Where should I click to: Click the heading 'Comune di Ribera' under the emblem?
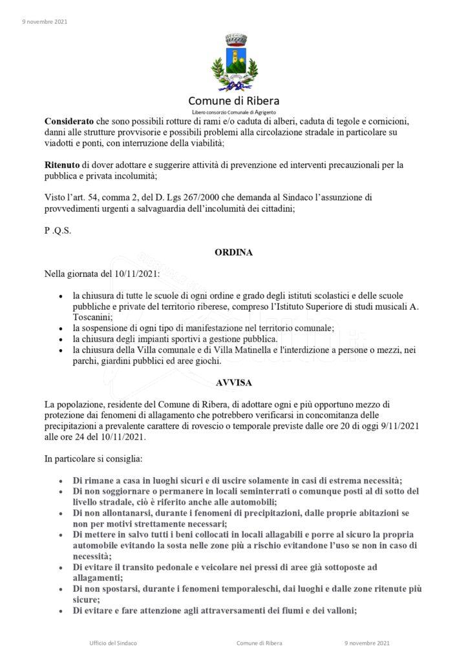[234, 101]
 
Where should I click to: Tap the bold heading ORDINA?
[233, 253]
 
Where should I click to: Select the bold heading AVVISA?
[233, 381]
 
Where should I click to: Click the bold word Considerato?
[69, 121]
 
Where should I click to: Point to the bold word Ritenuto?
[62, 165]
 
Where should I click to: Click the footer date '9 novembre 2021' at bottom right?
[367, 643]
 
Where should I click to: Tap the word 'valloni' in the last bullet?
[339, 611]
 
